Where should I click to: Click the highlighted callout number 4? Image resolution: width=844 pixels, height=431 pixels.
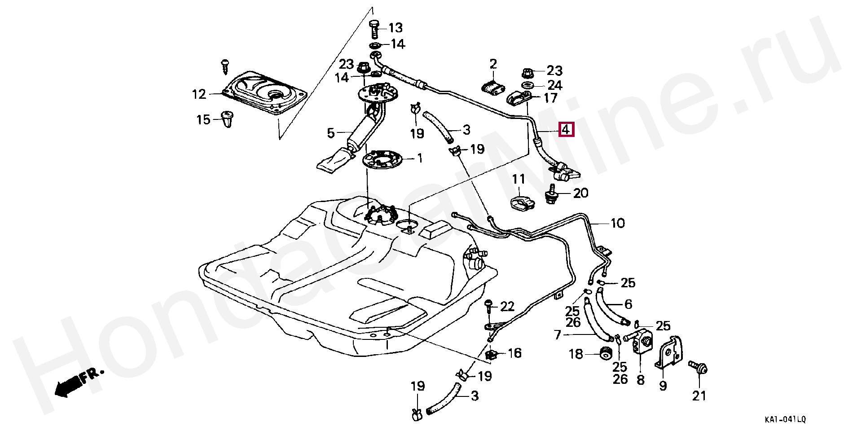tap(566, 130)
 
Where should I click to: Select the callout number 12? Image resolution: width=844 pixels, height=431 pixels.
tap(199, 95)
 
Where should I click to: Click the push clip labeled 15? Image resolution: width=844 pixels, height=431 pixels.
tap(229, 119)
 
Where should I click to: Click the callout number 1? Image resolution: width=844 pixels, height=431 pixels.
tap(420, 158)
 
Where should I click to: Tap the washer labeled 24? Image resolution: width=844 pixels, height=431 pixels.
tap(528, 85)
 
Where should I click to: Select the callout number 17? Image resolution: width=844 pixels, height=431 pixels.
tap(550, 97)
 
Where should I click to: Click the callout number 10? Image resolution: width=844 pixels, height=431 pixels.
tap(618, 223)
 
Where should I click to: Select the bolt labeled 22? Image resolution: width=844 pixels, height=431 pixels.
tap(490, 307)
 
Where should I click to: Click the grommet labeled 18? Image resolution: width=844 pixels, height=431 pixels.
tap(606, 353)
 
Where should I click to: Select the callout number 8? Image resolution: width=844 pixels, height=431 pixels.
tap(640, 380)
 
